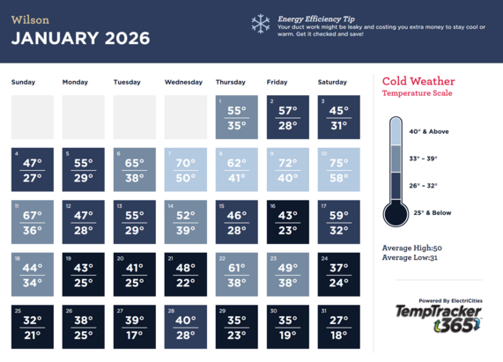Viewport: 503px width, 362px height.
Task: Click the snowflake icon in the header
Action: [x=261, y=24]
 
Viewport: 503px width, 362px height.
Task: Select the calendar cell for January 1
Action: [x=237, y=117]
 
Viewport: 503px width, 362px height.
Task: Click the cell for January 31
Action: [x=339, y=327]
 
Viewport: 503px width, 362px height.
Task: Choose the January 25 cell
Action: [x=33, y=327]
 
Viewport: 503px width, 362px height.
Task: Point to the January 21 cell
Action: [x=186, y=274]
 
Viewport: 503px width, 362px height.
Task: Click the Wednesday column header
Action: [x=183, y=82]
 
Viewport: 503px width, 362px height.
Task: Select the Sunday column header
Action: [x=24, y=82]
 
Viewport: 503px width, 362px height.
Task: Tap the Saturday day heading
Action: [x=332, y=82]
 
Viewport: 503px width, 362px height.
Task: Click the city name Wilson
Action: [x=30, y=18]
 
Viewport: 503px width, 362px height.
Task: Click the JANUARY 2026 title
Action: [x=80, y=39]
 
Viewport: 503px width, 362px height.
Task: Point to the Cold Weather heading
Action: [x=418, y=81]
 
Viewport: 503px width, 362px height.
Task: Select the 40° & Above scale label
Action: [x=429, y=131]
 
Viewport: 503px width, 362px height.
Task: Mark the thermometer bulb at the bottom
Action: [x=396, y=213]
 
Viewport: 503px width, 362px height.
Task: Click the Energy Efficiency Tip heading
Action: [x=316, y=18]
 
